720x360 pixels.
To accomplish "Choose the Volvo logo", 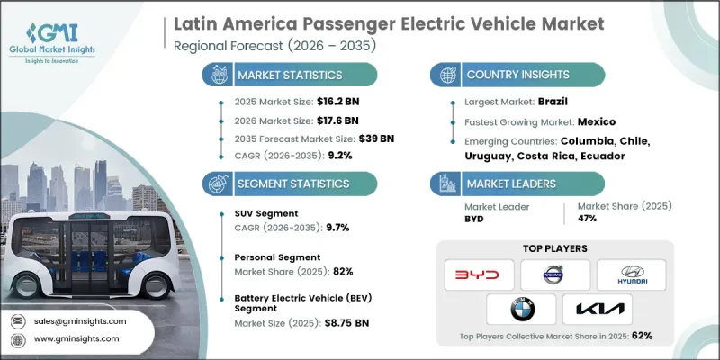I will [555, 274].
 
